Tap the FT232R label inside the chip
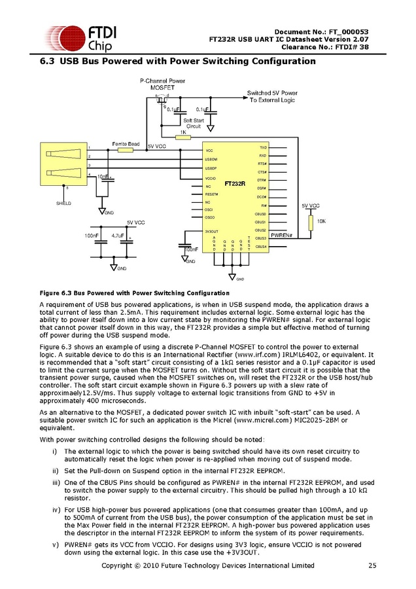pos(234,184)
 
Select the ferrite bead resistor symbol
pos(126,150)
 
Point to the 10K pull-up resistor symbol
pos(311,222)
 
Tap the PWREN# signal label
pos(281,234)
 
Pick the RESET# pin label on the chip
pos(211,194)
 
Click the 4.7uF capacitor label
pos(118,235)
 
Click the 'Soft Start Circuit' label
pos(194,123)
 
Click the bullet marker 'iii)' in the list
pos(56,482)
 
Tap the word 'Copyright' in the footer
pos(120,565)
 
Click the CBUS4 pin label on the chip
pos(261,247)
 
